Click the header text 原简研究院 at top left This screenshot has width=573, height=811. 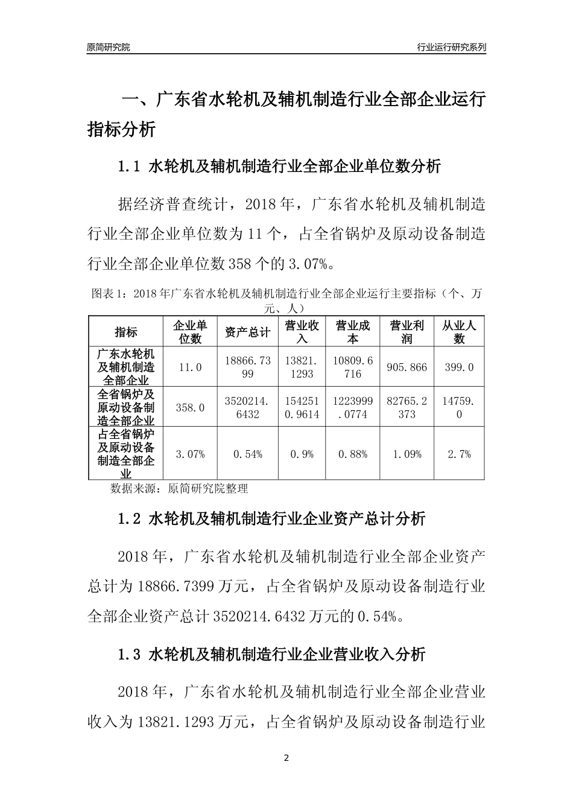point(109,47)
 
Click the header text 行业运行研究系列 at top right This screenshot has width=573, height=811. point(451,47)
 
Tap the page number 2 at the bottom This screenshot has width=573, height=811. point(286,757)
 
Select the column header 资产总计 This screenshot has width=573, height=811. point(247,332)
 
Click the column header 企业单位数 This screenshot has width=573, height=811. point(190,332)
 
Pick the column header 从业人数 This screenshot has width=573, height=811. point(459,332)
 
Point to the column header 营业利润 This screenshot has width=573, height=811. point(407,332)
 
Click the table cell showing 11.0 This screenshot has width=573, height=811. point(190,367)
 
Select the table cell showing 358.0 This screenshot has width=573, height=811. point(190,408)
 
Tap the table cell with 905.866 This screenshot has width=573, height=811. point(407,367)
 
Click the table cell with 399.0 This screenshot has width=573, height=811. point(459,367)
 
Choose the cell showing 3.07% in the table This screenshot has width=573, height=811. point(190,454)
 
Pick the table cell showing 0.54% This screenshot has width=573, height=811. point(247,454)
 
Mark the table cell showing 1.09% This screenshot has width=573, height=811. point(407,454)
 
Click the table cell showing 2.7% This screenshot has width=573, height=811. point(459,454)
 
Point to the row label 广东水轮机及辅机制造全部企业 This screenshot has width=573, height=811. point(126,367)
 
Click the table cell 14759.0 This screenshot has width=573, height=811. point(459,408)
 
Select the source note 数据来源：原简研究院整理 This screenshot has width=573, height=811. point(179,488)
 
